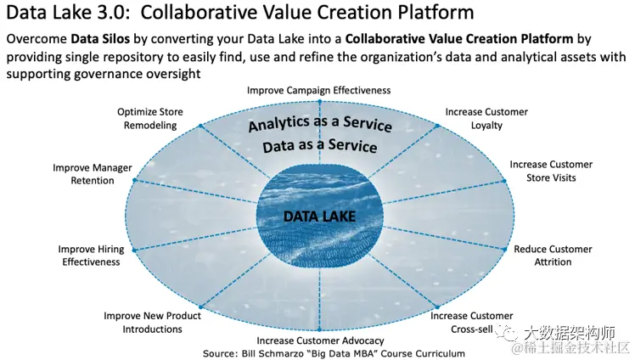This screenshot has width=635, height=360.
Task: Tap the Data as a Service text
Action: [x=319, y=146]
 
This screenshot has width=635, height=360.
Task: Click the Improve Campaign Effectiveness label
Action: [x=318, y=89]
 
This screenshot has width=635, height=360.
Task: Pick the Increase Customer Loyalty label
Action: [x=486, y=118]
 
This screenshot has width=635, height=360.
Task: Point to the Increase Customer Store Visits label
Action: [x=551, y=171]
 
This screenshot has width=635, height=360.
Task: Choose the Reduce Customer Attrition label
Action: [x=553, y=256]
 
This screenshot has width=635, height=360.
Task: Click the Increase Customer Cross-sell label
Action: [x=471, y=323]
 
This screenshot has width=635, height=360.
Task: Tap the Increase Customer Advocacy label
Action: [x=319, y=340]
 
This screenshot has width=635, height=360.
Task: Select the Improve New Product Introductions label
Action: [x=153, y=323]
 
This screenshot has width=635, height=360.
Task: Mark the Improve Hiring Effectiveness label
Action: [x=89, y=256]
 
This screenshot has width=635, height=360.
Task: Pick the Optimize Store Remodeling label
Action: [x=149, y=118]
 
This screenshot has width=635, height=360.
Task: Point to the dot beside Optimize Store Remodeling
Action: [x=201, y=126]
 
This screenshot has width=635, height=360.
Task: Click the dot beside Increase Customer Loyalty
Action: [x=438, y=126]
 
